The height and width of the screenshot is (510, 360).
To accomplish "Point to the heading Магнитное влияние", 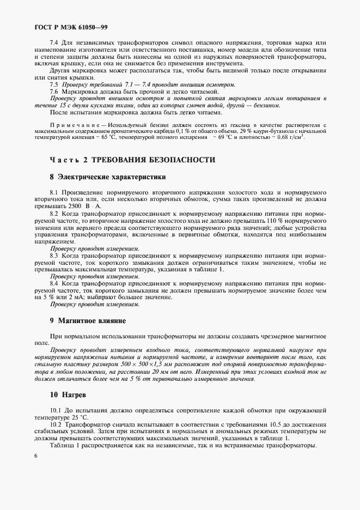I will (92, 321).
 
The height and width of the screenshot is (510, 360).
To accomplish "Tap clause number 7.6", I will (54, 92).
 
